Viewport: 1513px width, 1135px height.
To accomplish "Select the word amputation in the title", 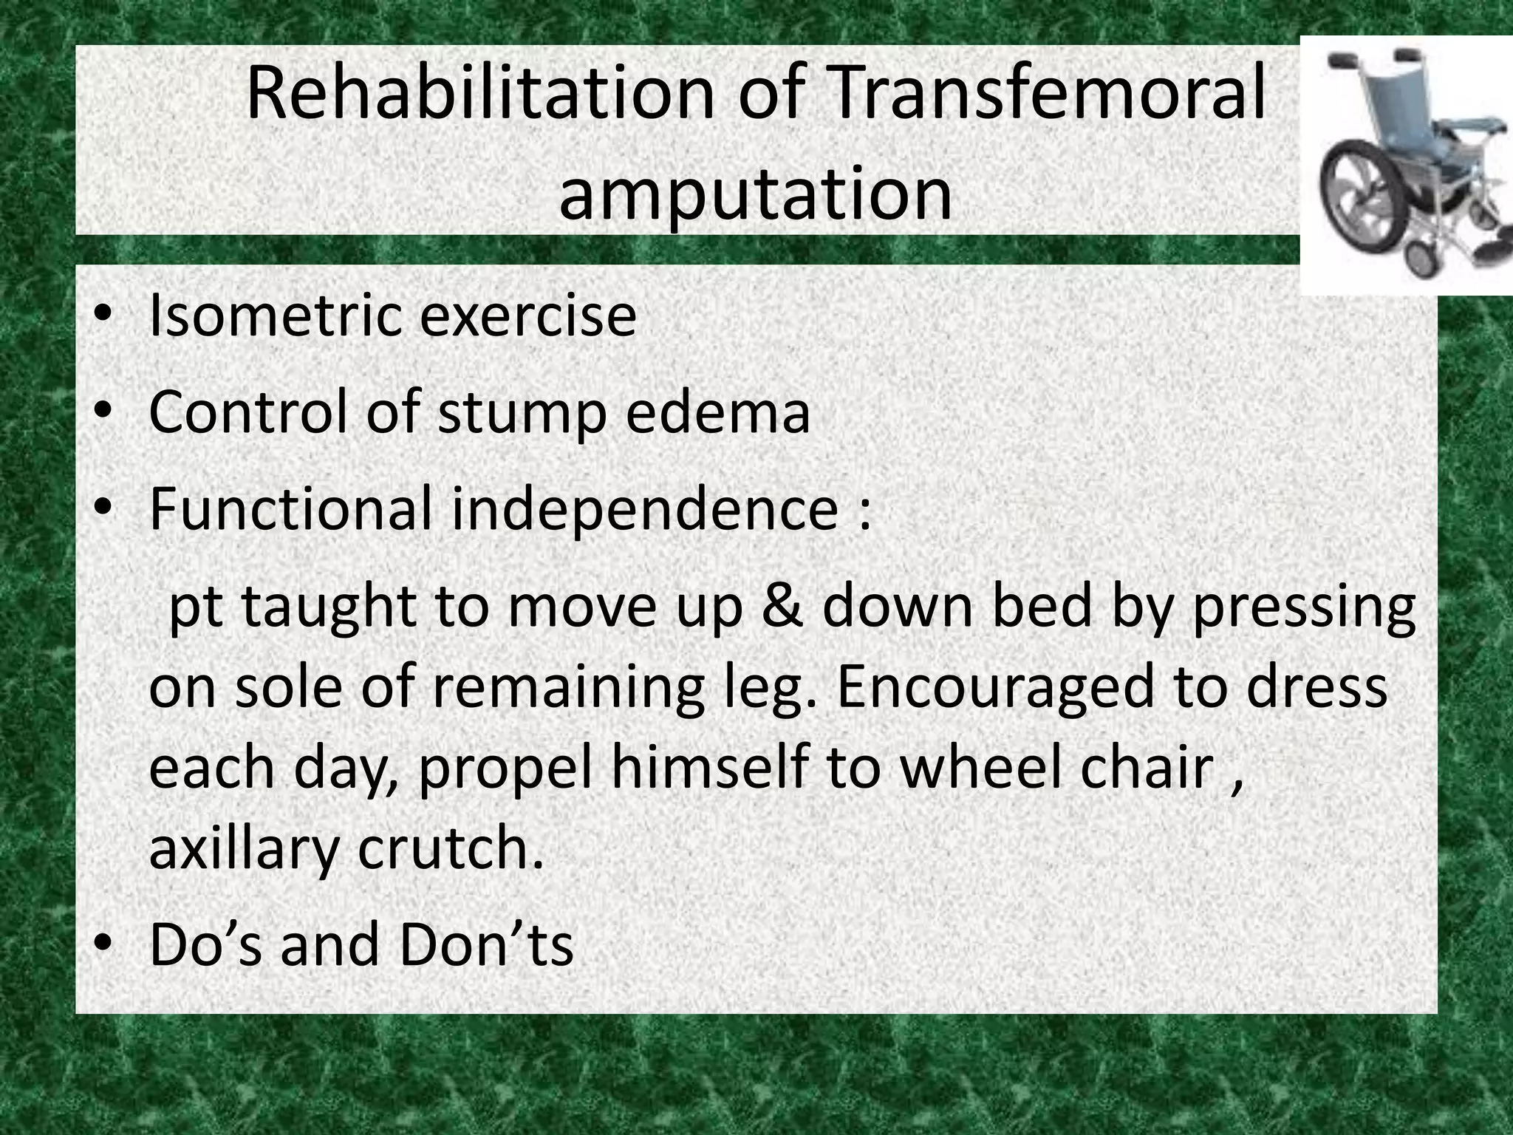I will coord(755,194).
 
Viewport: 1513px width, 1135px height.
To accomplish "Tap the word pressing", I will coord(1303,607).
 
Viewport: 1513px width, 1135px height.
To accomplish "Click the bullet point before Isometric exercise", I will coord(103,315).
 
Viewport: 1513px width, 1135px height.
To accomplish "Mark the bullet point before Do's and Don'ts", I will coord(103,944).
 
